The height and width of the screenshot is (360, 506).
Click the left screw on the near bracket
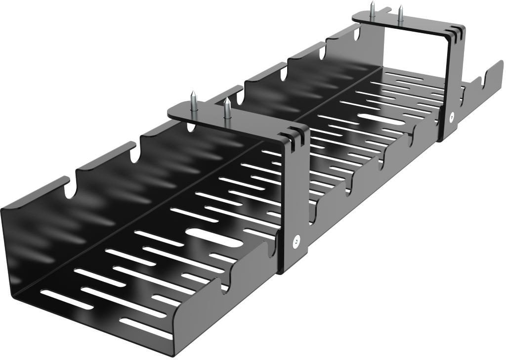click(194, 101)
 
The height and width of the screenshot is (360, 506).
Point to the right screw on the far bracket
click(400, 14)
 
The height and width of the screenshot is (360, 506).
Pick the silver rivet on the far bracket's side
click(452, 117)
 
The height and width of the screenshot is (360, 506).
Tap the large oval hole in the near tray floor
click(214, 237)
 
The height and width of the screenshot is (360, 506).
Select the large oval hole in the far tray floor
click(381, 119)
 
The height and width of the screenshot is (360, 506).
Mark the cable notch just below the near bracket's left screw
click(191, 127)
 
